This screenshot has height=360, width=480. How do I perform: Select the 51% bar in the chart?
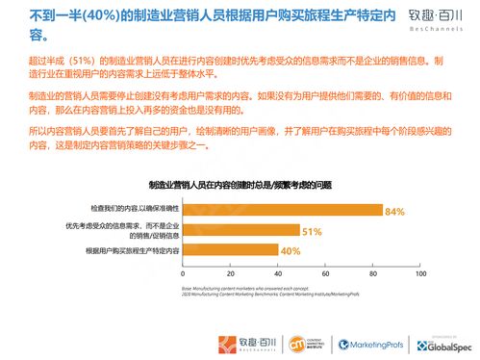pyautogui.click(x=240, y=231)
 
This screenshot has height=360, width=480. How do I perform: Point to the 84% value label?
pyautogui.click(x=394, y=211)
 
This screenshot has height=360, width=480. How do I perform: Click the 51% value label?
pyautogui.click(x=312, y=232)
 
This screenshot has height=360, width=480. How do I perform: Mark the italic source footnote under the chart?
pyautogui.click(x=250, y=293)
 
